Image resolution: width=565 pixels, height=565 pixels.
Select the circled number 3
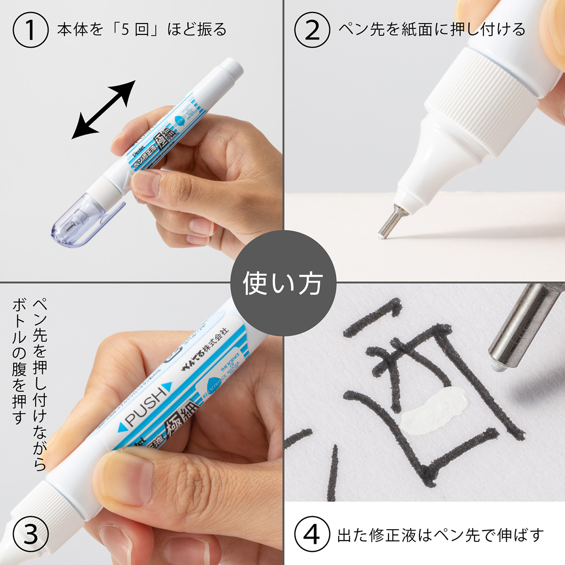31,535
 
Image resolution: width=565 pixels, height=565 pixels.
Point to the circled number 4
313,535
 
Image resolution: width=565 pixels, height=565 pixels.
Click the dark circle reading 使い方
282,283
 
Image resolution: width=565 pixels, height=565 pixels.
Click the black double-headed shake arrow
104,110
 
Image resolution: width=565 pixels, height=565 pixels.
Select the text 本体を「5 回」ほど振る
141,30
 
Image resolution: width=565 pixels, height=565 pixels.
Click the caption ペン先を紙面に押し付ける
431,30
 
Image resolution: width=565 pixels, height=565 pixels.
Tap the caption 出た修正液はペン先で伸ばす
440,535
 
